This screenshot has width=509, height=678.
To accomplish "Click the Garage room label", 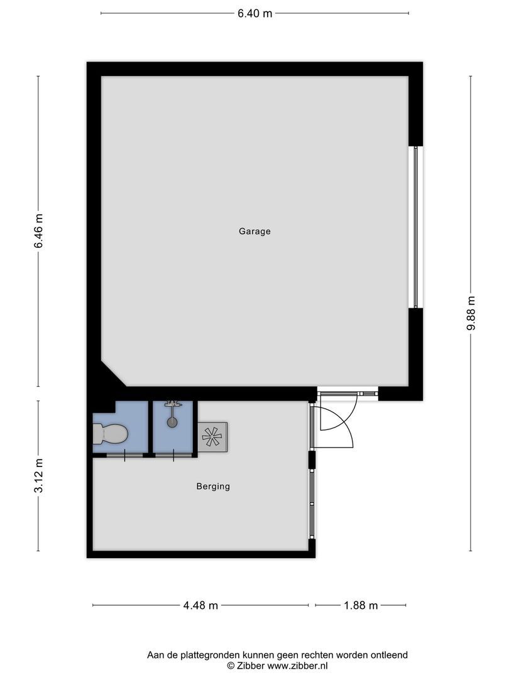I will pos(255,231).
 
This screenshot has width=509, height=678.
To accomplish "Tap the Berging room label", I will pos(213,486).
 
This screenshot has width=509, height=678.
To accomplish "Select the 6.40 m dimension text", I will pos(255,13).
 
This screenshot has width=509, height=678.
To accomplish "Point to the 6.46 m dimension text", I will pos(38,232).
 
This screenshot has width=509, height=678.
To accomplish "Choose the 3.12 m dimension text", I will pos(38,476).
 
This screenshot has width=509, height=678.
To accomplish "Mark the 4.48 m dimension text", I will pos(200,605).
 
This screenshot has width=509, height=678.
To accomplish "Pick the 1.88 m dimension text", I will pos(360,605).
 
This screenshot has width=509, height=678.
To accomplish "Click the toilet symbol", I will pos(110,434).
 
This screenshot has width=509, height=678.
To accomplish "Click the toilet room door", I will pos(124,455).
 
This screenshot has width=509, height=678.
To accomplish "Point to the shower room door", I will pos(173,455).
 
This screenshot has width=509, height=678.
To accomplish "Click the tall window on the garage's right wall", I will pos(414,227).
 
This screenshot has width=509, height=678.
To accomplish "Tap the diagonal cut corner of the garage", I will pos(114,375).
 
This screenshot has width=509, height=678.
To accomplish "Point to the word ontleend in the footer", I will pos(390,655).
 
